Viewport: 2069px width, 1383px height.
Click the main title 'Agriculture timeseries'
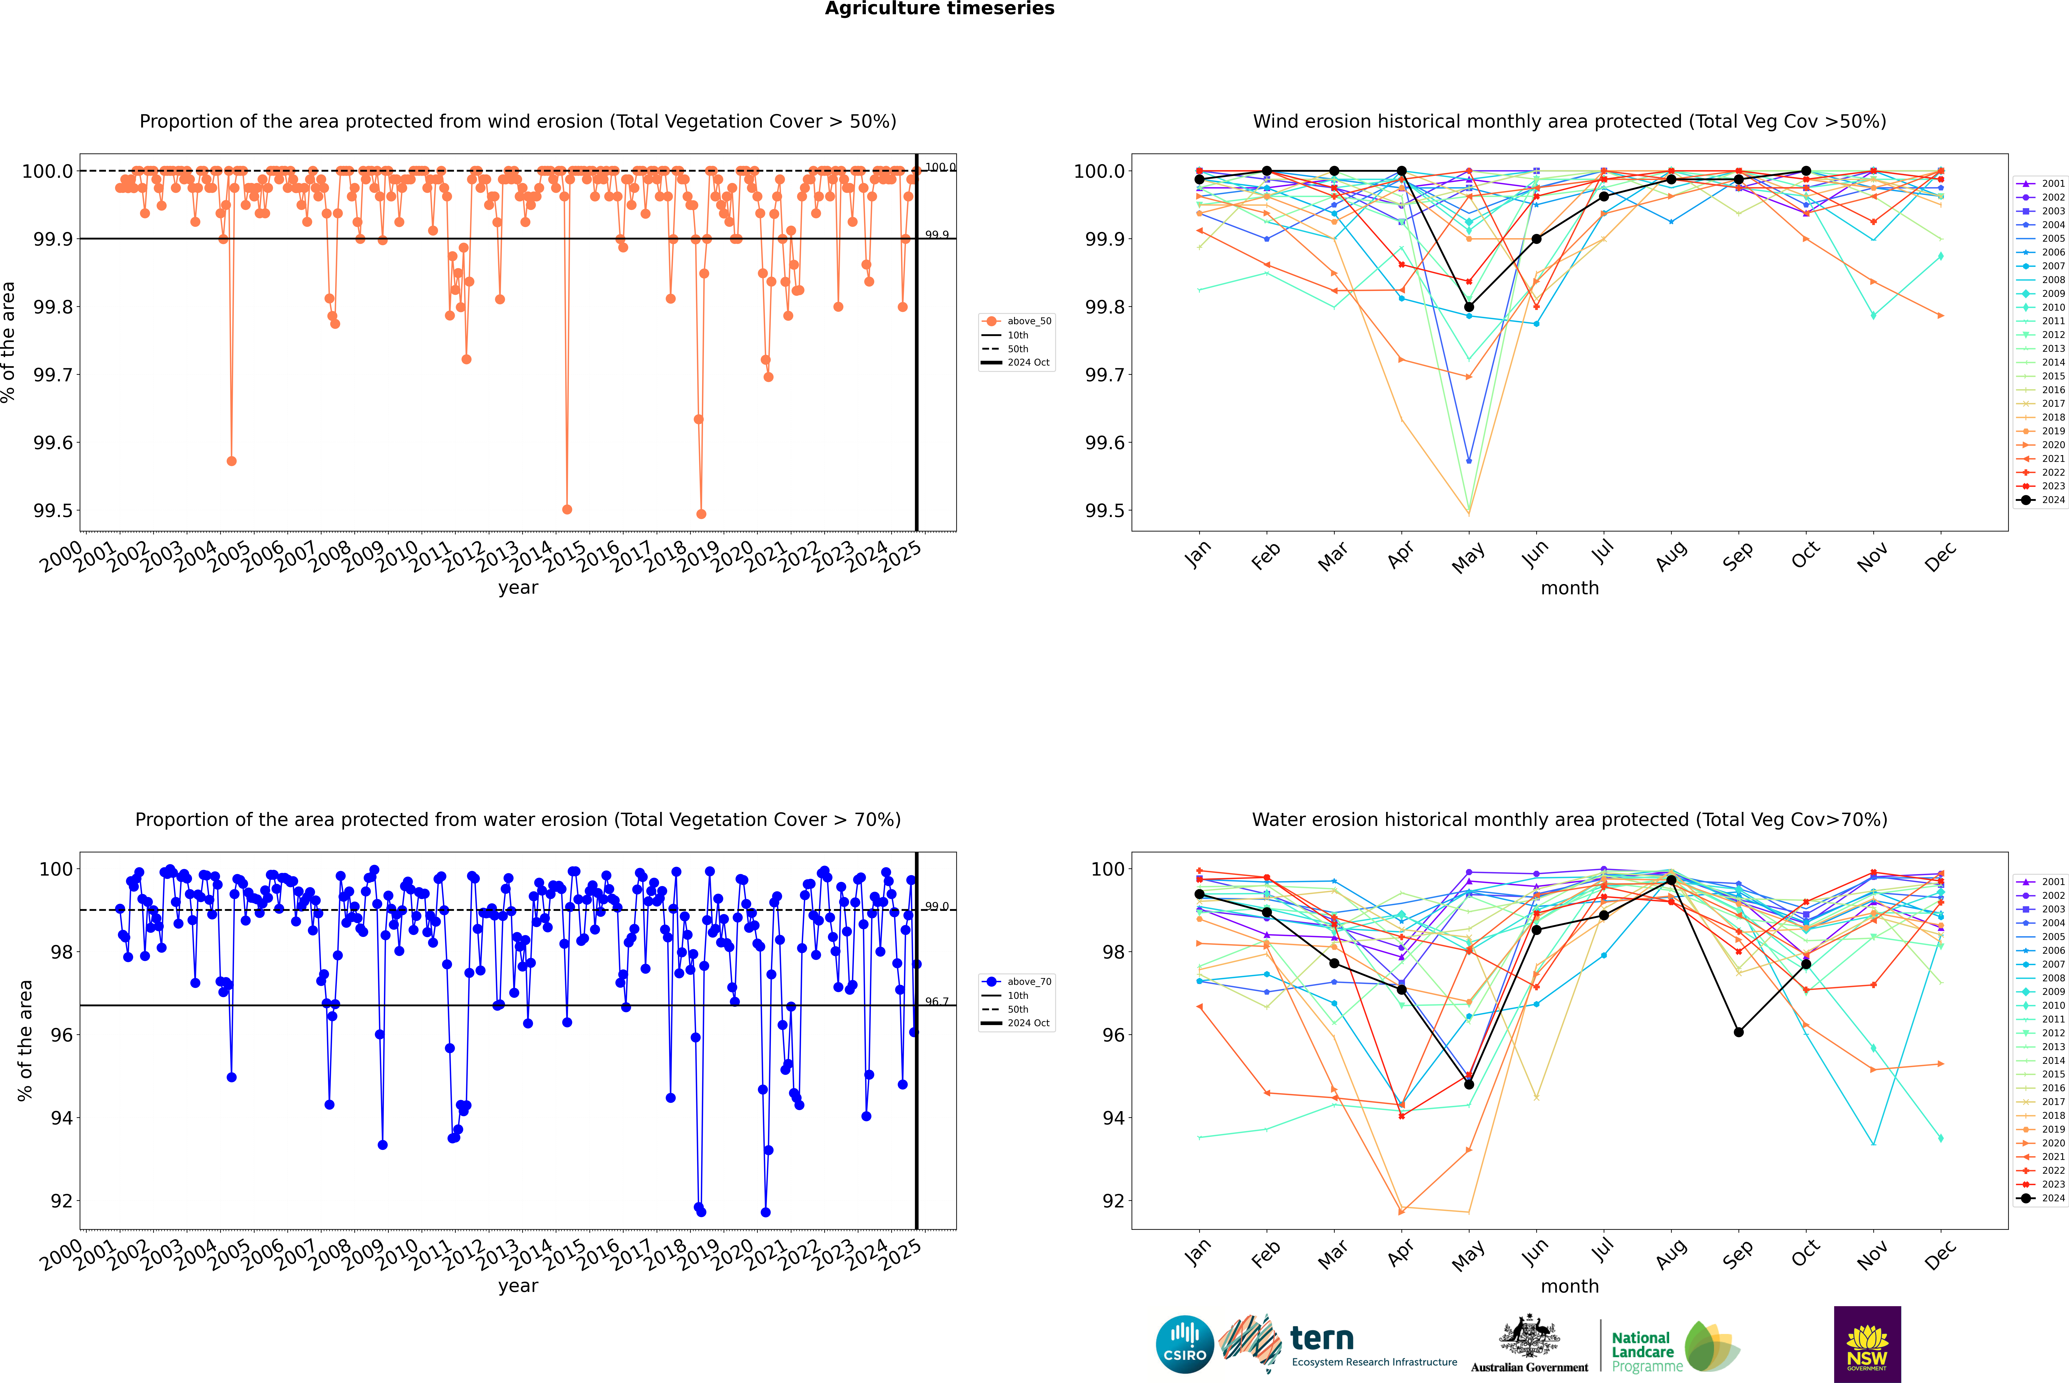coord(939,9)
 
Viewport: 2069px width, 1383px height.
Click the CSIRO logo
coord(1185,1344)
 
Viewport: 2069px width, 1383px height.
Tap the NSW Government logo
coord(1867,1344)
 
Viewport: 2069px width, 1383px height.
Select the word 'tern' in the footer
coord(1321,1338)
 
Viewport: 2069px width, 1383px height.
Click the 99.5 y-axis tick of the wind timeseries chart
coord(53,511)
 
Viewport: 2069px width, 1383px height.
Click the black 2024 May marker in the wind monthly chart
coord(1468,307)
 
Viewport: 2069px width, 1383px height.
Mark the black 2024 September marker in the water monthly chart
coord(1738,1032)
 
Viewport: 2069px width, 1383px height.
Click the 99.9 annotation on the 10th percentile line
coord(937,235)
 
